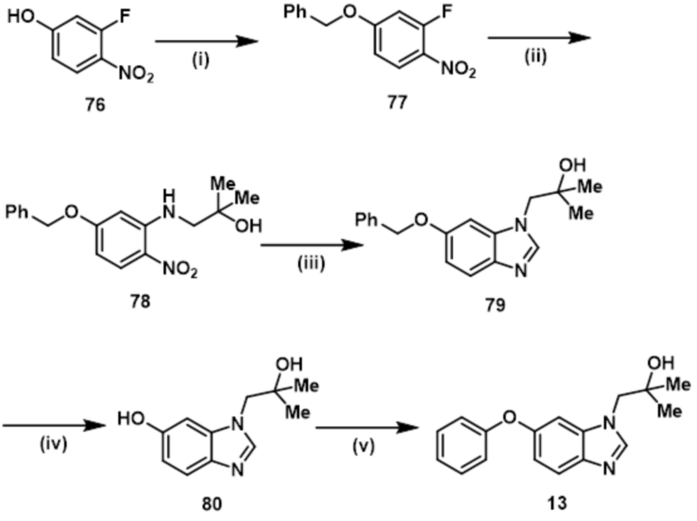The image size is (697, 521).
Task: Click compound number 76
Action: pyautogui.click(x=95, y=106)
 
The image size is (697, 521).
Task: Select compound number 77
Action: pyautogui.click(x=397, y=103)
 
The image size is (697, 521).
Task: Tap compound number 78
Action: pyautogui.click(x=140, y=301)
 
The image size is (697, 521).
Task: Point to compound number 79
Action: pyautogui.click(x=495, y=305)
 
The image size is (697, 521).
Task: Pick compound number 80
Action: pyautogui.click(x=212, y=503)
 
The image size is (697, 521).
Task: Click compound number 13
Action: pyautogui.click(x=557, y=503)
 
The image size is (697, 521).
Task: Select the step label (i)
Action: pyautogui.click(x=200, y=60)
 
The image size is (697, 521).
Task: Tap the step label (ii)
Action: pyautogui.click(x=536, y=57)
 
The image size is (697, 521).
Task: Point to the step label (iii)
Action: pyautogui.click(x=311, y=264)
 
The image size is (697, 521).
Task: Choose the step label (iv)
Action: pyautogui.click(x=54, y=444)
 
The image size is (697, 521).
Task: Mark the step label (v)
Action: pyautogui.click(x=363, y=446)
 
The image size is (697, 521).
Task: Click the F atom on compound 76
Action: pyautogui.click(x=125, y=17)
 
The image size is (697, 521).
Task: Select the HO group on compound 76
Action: pyautogui.click(x=21, y=17)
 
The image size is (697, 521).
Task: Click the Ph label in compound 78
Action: pyautogui.click(x=17, y=212)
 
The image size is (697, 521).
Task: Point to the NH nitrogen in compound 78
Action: pyautogui.click(x=169, y=211)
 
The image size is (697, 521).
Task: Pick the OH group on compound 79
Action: pyautogui.click(x=572, y=165)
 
